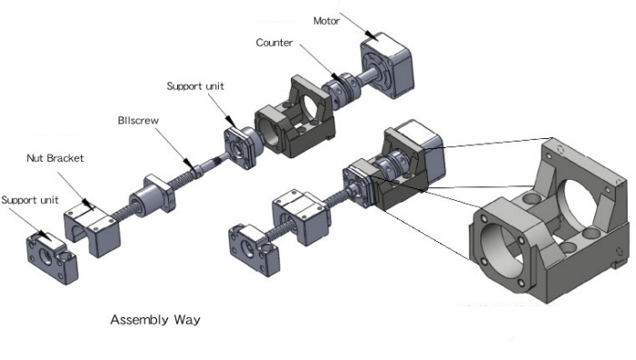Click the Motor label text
click(326, 21)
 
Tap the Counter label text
click(274, 43)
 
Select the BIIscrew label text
click(138, 121)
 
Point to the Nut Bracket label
click(55, 158)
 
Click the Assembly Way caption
click(155, 319)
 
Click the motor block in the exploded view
click(387, 65)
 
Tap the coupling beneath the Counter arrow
click(341, 90)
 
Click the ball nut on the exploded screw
click(153, 196)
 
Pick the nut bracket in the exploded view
click(92, 227)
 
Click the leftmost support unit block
click(52, 258)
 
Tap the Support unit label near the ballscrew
click(195, 86)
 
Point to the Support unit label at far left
click(30, 200)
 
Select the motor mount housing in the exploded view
click(295, 117)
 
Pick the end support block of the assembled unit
click(253, 250)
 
